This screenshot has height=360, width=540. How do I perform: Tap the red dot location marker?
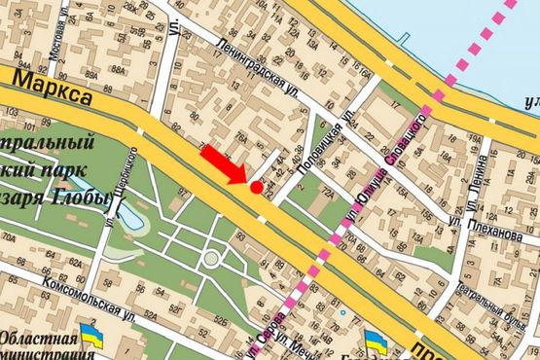pos(256,187)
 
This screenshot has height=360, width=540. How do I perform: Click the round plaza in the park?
pos(210,260)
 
